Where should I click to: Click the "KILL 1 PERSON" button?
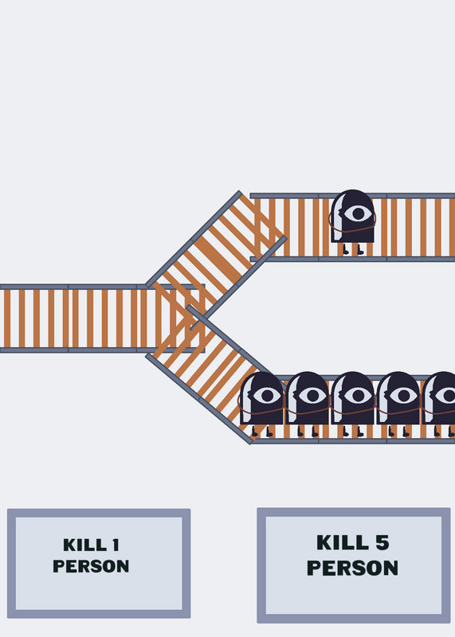pos(99,563)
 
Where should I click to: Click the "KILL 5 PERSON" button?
pos(353,565)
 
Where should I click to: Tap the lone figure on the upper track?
pos(352,222)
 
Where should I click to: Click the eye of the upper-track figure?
pos(358,213)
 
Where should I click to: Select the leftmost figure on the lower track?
pos(261,404)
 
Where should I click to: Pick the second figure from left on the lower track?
pos(307,404)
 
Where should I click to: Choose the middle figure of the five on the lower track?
pos(352,404)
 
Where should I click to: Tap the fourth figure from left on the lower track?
pos(398,404)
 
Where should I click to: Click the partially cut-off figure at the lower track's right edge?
pos(439,404)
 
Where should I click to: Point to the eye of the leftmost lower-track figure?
pos(267,395)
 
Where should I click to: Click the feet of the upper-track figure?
pos(353,249)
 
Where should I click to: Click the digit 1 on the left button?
pos(116,545)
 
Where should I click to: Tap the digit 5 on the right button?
pos(382,542)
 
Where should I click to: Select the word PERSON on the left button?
pos(91,566)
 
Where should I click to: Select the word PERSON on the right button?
pos(352,568)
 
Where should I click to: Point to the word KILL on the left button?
pos(85,545)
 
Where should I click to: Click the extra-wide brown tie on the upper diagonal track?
pos(218,260)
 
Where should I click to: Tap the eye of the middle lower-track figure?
pos(358,395)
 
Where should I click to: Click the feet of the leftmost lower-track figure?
pos(262,431)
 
